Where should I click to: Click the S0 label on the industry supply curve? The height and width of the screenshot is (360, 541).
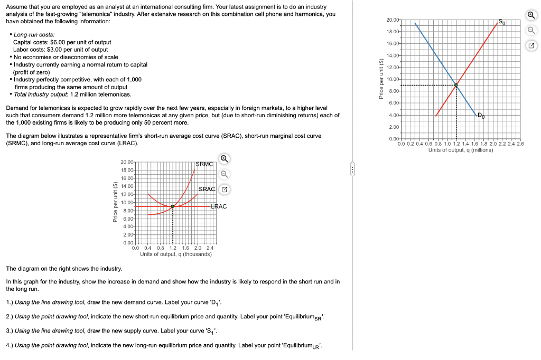pos(502,22)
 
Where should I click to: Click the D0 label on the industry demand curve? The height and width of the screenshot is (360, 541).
pos(480,115)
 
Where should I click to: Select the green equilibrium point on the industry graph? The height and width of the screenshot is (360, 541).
pos(456,85)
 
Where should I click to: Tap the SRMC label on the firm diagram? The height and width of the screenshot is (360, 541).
pos(204,164)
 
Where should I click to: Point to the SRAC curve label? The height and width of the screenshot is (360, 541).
pos(207,189)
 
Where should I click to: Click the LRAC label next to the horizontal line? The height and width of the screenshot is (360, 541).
pos(219,206)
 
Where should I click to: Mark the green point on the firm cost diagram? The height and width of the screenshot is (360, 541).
pos(173,206)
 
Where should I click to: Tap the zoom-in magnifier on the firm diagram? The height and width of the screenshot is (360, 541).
pos(224,158)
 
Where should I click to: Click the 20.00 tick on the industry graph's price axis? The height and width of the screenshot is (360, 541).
pos(393,20)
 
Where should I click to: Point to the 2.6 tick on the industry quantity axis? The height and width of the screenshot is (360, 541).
pos(519,144)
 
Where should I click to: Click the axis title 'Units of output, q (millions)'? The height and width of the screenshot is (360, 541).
pos(460,150)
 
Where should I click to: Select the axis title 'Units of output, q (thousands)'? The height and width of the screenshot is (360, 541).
pos(176,254)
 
